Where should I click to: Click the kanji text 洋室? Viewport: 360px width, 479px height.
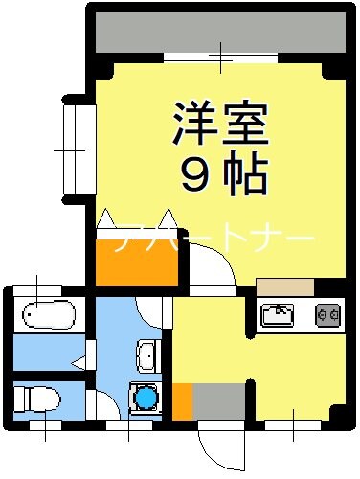[x=219, y=122]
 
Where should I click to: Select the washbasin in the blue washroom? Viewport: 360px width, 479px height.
[x=146, y=356]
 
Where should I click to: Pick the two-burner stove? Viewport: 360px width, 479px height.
[x=328, y=314]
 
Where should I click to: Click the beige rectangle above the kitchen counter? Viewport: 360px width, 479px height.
[x=284, y=286]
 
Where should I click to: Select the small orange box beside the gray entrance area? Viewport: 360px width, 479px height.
[x=181, y=400]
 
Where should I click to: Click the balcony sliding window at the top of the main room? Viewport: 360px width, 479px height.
[x=220, y=57]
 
